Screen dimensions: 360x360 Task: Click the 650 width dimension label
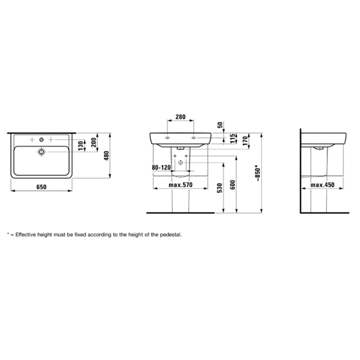click(x=41, y=187)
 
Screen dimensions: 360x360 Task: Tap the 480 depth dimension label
click(x=106, y=156)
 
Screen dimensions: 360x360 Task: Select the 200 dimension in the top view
click(x=94, y=142)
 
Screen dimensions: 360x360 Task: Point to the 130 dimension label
click(x=81, y=146)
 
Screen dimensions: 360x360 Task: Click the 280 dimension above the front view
click(x=181, y=117)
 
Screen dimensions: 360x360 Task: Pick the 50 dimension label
click(x=220, y=125)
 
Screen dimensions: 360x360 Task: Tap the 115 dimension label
click(x=233, y=139)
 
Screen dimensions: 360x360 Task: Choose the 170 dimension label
click(x=245, y=141)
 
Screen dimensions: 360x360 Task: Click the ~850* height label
click(x=258, y=173)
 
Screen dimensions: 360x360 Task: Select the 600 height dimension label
click(x=232, y=185)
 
